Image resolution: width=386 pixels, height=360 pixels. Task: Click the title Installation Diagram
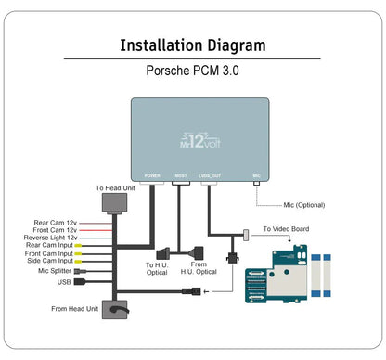pos(193,45)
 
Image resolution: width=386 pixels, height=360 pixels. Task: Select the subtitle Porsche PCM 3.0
pos(193,70)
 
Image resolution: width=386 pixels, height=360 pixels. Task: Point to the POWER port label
pos(153,174)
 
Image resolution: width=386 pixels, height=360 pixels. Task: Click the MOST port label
pos(181,174)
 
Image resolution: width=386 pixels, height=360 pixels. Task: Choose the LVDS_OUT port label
pos(211,174)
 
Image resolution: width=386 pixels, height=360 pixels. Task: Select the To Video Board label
pos(286,229)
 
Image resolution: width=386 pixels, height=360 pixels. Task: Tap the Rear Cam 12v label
pos(56,222)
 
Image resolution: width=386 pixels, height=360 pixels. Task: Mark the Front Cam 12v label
pos(55,230)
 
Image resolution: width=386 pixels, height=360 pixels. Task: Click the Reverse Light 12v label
pos(51,238)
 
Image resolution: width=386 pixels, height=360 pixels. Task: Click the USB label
pos(64,281)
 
